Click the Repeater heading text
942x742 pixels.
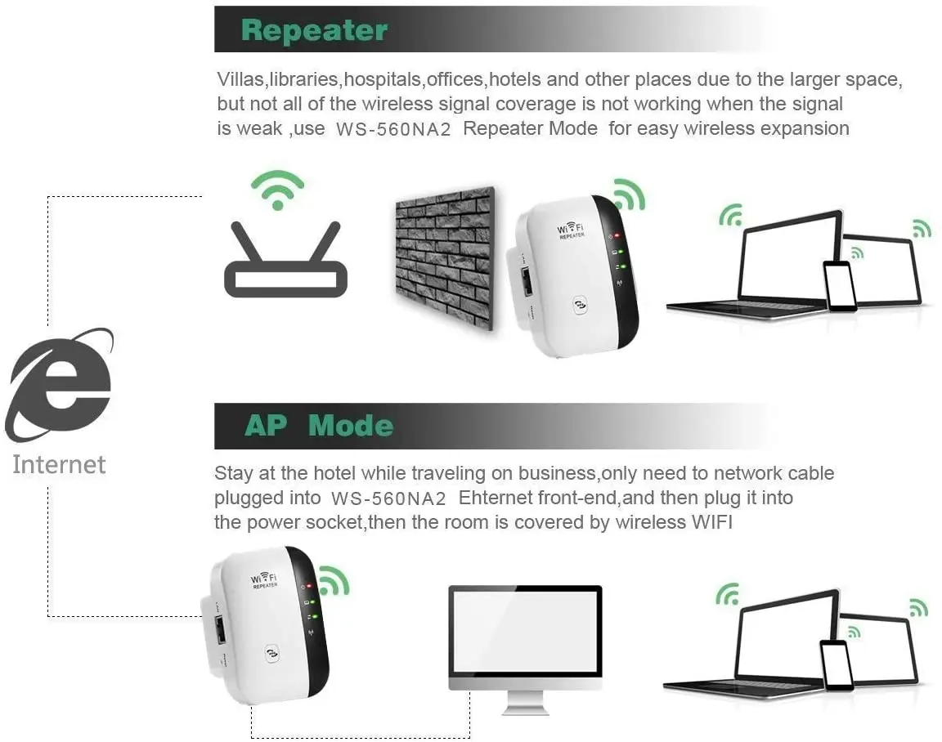314,30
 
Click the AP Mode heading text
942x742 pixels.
318,426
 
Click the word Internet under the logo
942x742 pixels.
59,464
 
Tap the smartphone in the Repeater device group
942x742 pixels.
839,286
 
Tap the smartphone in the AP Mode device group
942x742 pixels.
836,665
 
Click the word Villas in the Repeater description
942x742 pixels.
240,79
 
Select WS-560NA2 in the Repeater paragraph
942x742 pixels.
393,130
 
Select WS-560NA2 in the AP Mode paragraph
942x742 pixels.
389,498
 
